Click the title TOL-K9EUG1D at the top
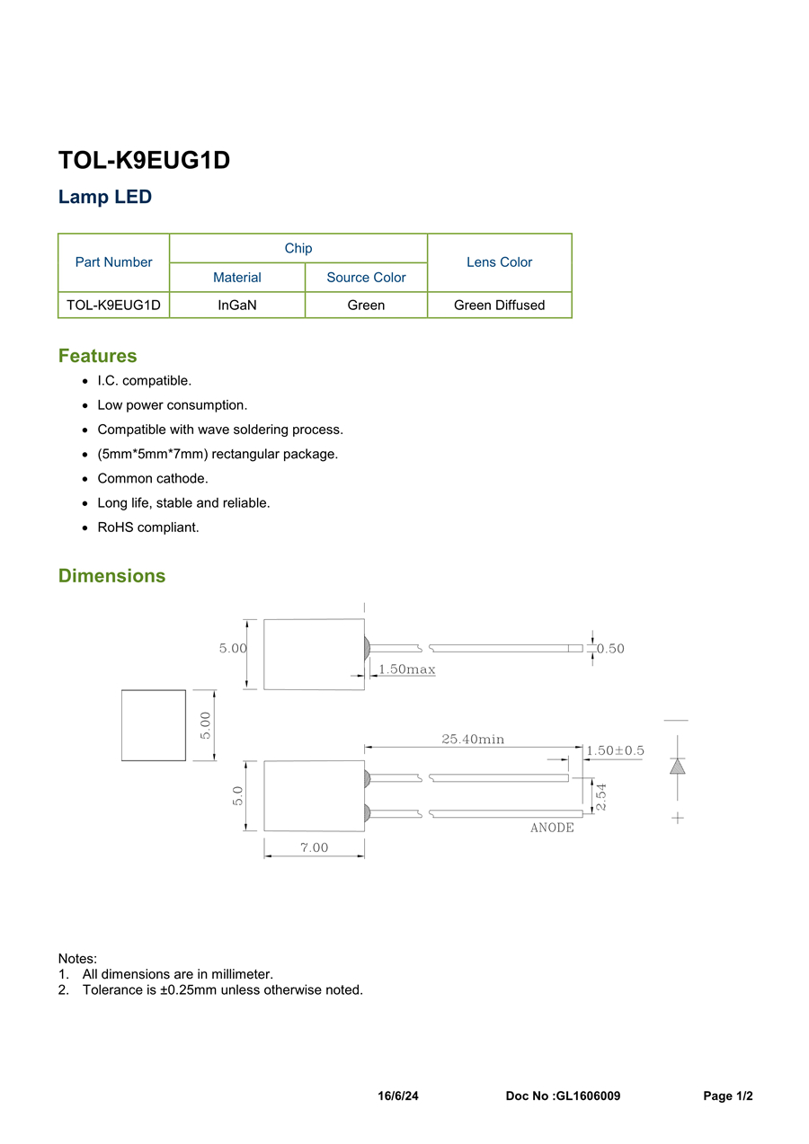point(144,160)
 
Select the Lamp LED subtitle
point(105,197)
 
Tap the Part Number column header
point(113,262)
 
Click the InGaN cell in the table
point(237,306)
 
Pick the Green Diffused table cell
point(499,306)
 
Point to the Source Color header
point(366,278)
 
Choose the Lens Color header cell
point(499,262)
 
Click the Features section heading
point(97,356)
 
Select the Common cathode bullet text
point(153,479)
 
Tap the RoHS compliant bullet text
point(148,528)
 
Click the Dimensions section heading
point(111,576)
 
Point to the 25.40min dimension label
point(473,740)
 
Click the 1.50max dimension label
point(407,670)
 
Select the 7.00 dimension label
point(314,847)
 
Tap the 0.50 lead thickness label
point(610,649)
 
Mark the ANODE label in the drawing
point(552,828)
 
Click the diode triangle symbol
point(678,767)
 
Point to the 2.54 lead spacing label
point(601,796)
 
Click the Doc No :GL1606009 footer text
point(563,1096)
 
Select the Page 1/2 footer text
point(727,1096)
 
